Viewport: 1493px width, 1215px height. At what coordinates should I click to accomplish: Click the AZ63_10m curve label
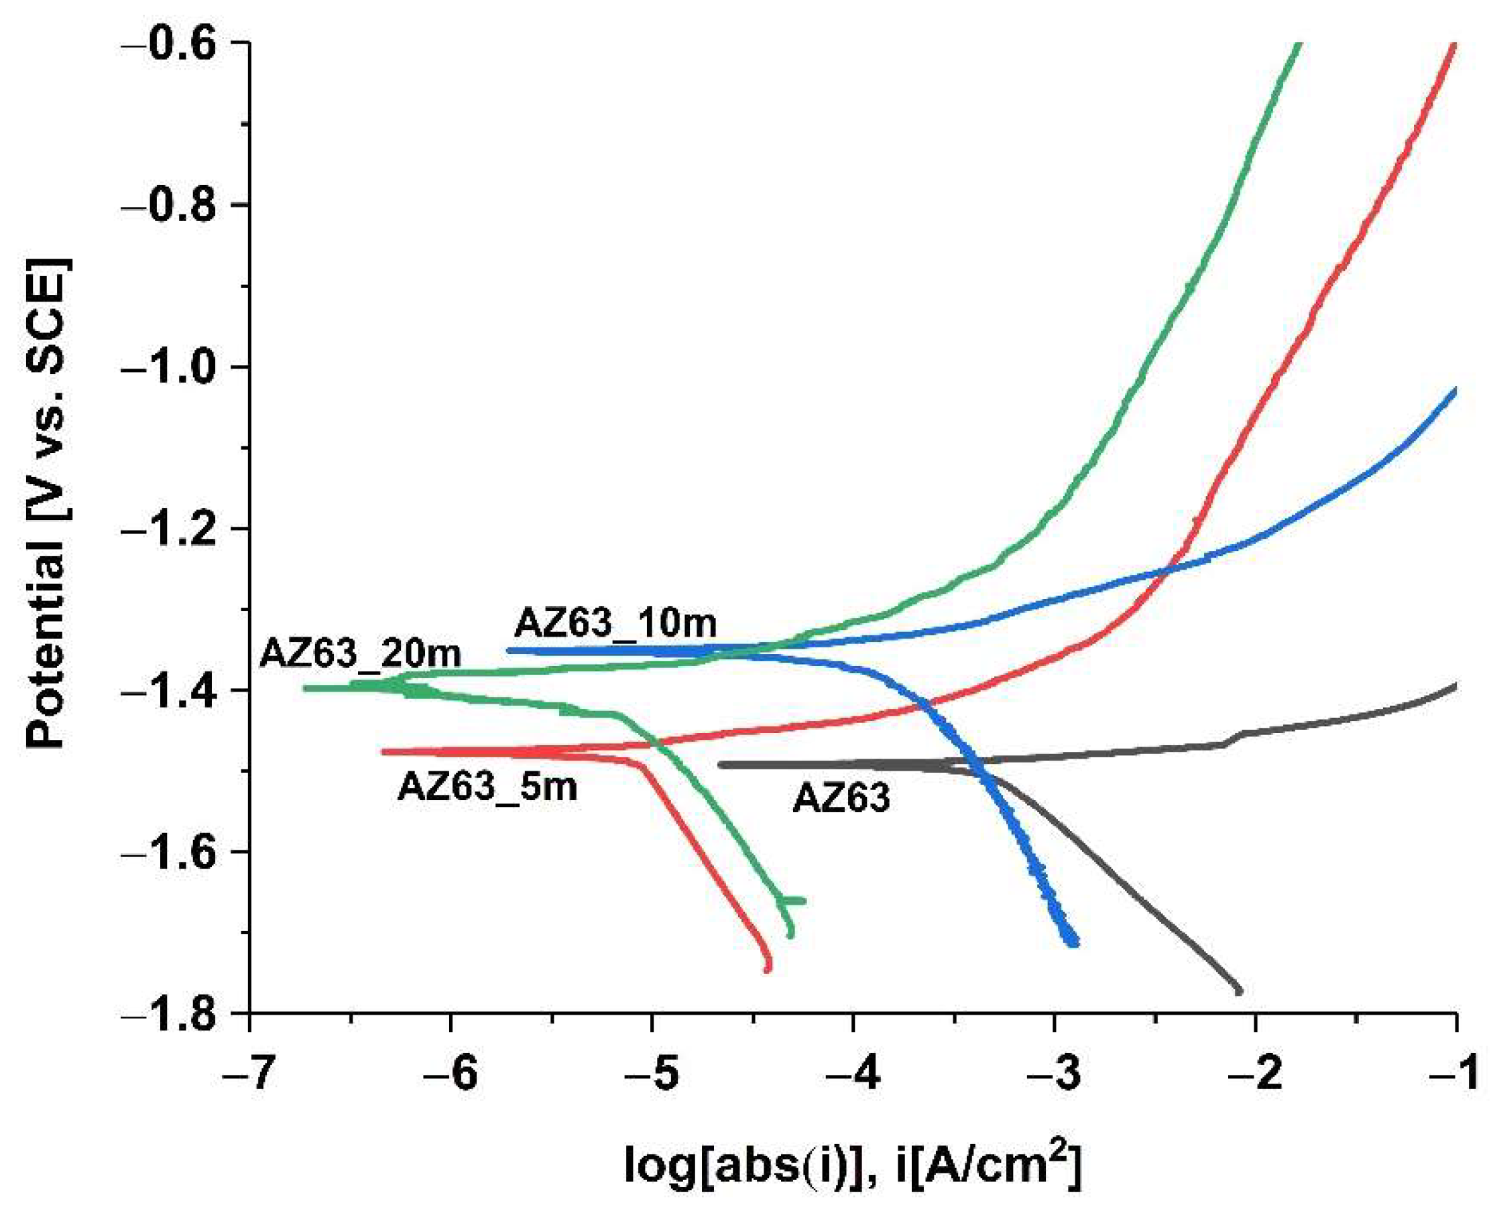[615, 622]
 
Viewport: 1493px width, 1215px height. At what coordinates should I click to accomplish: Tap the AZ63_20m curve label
[361, 654]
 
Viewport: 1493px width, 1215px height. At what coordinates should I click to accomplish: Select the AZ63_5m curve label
[487, 787]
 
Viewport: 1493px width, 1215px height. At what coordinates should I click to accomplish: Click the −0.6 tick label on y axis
[185, 44]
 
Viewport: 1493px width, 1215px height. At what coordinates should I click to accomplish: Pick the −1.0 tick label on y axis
[185, 367]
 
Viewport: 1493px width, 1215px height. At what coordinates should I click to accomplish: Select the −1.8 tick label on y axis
[185, 1013]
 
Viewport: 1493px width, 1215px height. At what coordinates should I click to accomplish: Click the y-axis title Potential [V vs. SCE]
[49, 504]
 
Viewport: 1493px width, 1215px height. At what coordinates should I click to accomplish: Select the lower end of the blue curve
[1075, 944]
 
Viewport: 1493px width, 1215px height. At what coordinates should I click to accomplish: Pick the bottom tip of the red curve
[767, 969]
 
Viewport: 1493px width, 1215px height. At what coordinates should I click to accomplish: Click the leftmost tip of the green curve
[306, 688]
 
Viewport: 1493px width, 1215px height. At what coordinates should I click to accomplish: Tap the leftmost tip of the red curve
[383, 752]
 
